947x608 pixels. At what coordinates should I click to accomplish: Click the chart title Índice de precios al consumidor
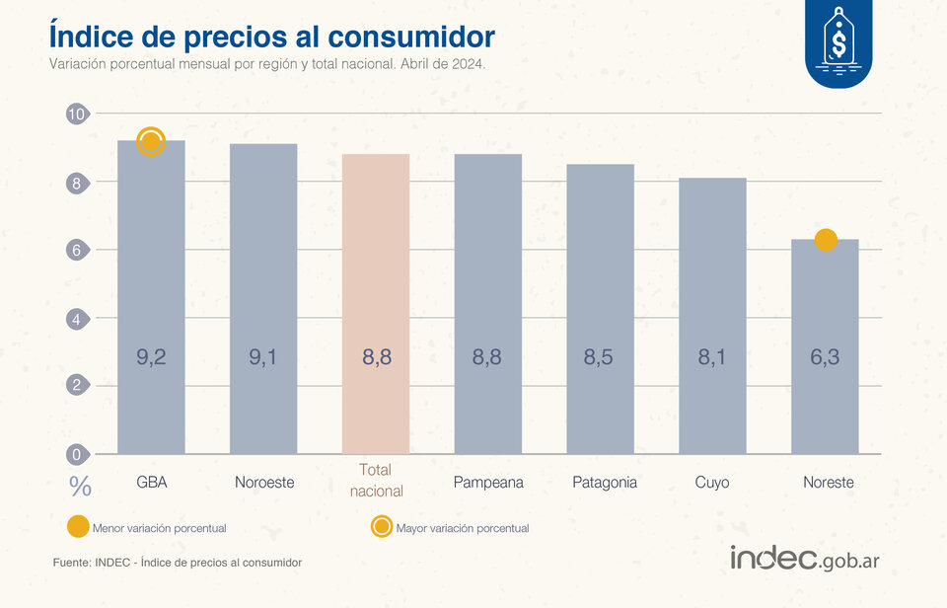coord(271,36)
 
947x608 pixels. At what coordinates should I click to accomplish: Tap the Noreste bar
coord(825,345)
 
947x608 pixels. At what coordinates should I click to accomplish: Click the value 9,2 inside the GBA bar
coord(151,357)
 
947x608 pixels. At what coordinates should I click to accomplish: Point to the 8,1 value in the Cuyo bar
coord(712,357)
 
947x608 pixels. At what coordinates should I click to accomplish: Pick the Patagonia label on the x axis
coord(605,483)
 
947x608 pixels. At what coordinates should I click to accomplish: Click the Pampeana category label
coord(488,483)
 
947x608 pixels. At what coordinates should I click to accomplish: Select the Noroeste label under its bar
coord(264,483)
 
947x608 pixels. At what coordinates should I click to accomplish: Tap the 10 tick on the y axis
coord(76,114)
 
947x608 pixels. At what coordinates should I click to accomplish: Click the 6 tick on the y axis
coord(76,251)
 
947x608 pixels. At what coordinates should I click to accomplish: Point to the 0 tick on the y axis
coord(76,455)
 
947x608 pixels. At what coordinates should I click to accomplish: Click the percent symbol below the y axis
coord(80,486)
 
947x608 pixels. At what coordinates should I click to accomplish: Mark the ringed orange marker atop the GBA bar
coord(151,142)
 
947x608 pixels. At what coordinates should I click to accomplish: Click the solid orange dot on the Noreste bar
coord(826,240)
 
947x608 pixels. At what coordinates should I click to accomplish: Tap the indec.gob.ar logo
coord(805,558)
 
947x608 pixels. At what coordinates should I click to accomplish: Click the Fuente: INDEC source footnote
coord(178,562)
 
